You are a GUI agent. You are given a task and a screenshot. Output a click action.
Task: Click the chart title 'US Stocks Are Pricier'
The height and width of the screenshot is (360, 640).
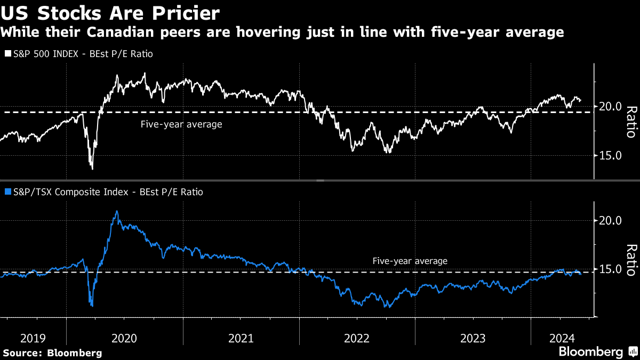(x=110, y=12)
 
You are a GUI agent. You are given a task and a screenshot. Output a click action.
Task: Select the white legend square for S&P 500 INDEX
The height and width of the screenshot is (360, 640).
(x=7, y=54)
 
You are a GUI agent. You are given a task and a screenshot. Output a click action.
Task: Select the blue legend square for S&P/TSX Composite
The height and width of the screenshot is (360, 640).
(x=7, y=191)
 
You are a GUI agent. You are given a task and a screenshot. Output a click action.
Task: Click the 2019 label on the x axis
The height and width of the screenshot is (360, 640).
(x=34, y=338)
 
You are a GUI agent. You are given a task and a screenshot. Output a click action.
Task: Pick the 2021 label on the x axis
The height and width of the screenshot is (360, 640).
(x=241, y=338)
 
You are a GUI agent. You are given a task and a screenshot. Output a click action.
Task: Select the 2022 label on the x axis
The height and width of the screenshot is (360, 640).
(x=357, y=338)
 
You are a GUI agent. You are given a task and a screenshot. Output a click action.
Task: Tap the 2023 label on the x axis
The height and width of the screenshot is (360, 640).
(x=473, y=338)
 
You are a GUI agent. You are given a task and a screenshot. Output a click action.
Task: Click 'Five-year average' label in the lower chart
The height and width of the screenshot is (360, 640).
(x=410, y=261)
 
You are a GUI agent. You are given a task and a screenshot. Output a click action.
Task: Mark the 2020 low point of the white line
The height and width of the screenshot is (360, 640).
(x=92, y=169)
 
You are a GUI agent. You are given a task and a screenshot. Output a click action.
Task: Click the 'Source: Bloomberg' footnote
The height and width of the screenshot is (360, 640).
(x=52, y=353)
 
